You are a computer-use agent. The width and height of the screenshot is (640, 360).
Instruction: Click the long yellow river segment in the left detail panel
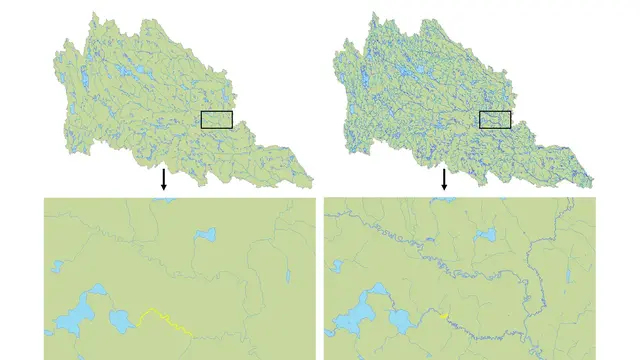164,320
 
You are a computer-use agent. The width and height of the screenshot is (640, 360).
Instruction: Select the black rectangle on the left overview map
217,120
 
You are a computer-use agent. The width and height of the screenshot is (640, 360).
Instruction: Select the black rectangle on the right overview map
495,120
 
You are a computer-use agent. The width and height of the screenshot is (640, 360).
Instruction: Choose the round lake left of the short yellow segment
404,321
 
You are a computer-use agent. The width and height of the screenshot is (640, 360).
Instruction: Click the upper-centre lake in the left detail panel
207,236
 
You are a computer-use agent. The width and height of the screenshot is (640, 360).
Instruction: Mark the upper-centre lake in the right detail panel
487,236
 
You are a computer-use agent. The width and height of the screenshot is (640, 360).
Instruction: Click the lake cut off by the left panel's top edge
163,200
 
